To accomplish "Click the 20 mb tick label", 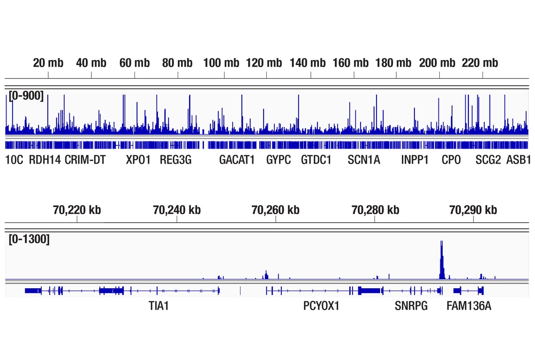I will pos(48,63).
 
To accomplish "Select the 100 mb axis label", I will pos(221,63).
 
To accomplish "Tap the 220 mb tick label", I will pos(480,63).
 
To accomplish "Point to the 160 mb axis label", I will pos(351,63).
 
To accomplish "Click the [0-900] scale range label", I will pos(26,97).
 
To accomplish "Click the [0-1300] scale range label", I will pos(29,240).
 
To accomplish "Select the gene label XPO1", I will pos(138,160).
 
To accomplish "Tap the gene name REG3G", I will pos(176,160).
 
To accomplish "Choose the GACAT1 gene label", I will pos(237,160).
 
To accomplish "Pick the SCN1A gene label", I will pos(364,160).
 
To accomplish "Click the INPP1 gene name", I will pos(415,160).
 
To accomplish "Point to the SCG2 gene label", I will pos(488,160).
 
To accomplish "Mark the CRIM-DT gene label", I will pos(85,160).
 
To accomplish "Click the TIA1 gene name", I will pos(158,307).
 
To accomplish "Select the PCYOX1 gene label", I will pos(321,307).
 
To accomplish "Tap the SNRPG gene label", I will pos(411,307).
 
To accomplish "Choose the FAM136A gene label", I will pos(469,307).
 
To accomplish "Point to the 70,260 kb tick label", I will pos(275,210).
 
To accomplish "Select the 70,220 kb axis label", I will pos(77,210).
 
